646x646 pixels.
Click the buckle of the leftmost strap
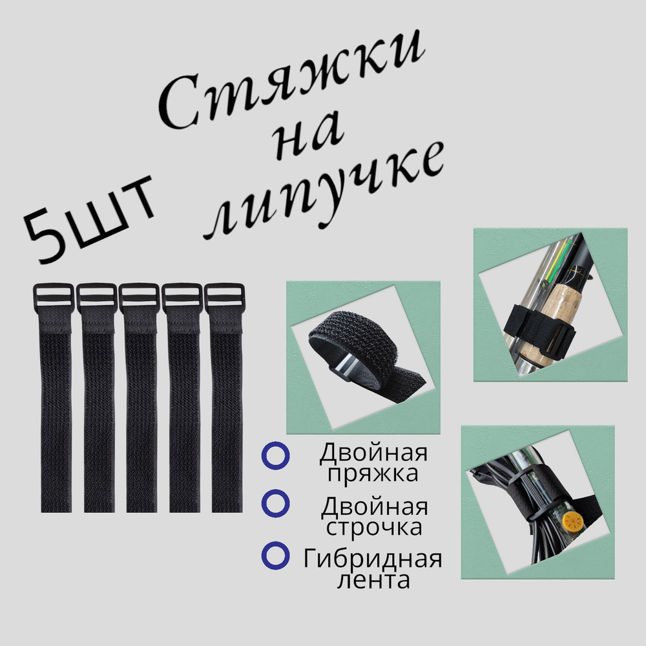(x=54, y=297)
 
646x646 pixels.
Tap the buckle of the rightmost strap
(x=225, y=297)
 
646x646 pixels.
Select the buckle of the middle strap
(x=140, y=297)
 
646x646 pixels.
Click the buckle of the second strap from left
(x=97, y=297)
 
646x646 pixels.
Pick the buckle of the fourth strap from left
(x=182, y=297)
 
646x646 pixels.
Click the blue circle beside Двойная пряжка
(x=276, y=455)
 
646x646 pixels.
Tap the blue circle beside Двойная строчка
(x=276, y=503)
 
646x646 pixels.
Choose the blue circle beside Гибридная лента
(x=276, y=556)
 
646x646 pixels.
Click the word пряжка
(x=373, y=474)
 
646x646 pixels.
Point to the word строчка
(x=374, y=527)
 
